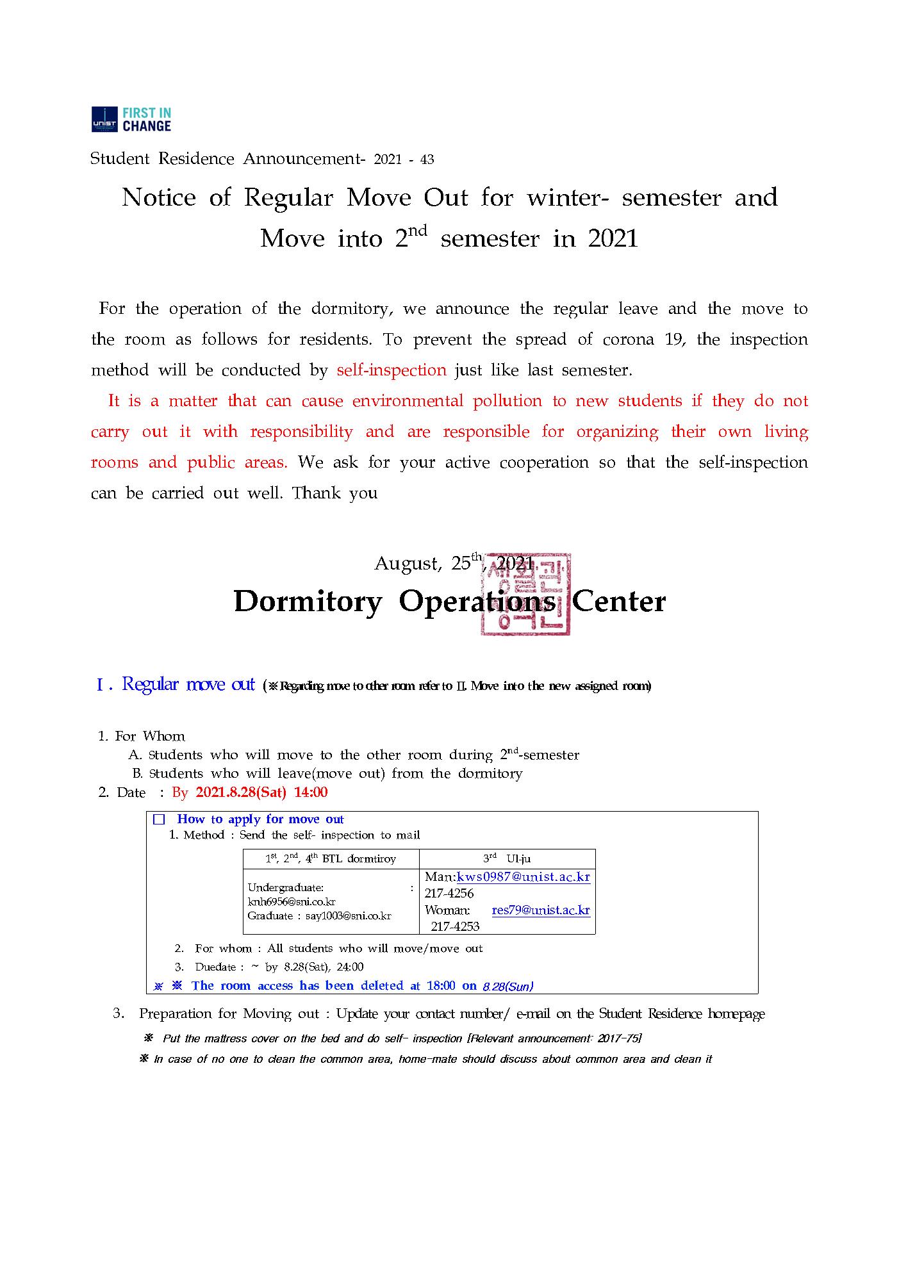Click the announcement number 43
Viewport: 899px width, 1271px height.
point(427,160)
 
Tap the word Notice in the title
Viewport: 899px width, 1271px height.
point(159,197)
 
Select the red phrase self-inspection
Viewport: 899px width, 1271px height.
point(392,370)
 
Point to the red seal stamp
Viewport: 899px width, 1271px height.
point(525,594)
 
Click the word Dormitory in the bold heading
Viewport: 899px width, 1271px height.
point(308,602)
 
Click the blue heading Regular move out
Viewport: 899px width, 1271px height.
point(188,684)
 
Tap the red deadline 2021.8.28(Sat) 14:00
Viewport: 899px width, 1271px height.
point(261,792)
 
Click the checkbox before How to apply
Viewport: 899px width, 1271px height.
point(160,819)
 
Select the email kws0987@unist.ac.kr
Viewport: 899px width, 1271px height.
point(523,877)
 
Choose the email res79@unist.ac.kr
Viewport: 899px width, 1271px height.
point(541,910)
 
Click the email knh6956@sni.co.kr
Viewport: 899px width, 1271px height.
point(292,902)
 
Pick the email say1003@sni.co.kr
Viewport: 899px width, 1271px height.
point(348,916)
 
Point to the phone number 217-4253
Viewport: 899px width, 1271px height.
point(455,926)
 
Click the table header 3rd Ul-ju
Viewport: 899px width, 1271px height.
point(506,858)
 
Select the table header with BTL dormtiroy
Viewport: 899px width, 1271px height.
point(331,858)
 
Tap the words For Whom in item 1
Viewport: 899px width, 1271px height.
point(150,736)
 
